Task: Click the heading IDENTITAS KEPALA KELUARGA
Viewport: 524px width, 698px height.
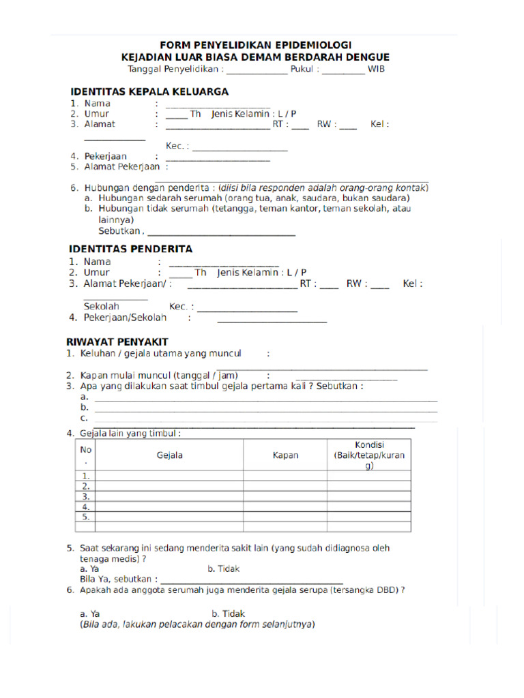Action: pyautogui.click(x=149, y=91)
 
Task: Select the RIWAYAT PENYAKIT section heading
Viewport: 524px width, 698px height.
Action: pyautogui.click(x=117, y=342)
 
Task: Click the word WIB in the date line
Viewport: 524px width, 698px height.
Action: pyautogui.click(x=377, y=70)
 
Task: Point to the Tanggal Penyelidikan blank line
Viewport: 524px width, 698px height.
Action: pyautogui.click(x=257, y=71)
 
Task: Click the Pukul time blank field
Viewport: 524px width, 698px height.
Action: pyautogui.click(x=343, y=71)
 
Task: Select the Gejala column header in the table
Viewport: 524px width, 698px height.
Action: pyautogui.click(x=170, y=455)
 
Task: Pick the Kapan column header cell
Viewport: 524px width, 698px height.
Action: pyautogui.click(x=285, y=455)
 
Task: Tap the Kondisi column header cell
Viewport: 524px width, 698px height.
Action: pyautogui.click(x=369, y=455)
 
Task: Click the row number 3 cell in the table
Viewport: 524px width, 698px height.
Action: pyautogui.click(x=86, y=497)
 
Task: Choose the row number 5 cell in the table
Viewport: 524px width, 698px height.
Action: pyautogui.click(x=86, y=517)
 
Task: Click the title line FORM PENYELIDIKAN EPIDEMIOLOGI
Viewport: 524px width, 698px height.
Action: pyautogui.click(x=256, y=45)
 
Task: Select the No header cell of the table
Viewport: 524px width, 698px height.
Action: pyautogui.click(x=86, y=455)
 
